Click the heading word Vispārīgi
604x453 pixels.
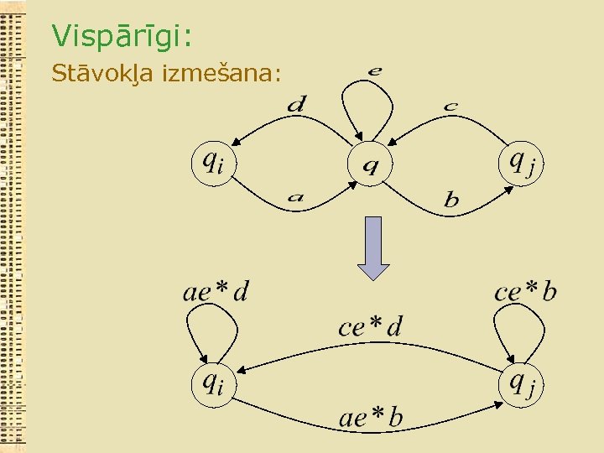coord(122,35)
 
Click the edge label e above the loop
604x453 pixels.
coord(375,70)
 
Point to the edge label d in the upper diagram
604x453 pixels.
coord(297,104)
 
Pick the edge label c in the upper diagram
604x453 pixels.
coord(450,106)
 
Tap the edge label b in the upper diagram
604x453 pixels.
coord(451,200)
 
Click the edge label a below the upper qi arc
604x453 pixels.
coord(295,199)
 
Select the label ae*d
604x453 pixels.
coord(216,291)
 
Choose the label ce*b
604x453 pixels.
coord(525,291)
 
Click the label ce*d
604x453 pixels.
coord(370,325)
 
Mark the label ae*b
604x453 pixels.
coord(371,416)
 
